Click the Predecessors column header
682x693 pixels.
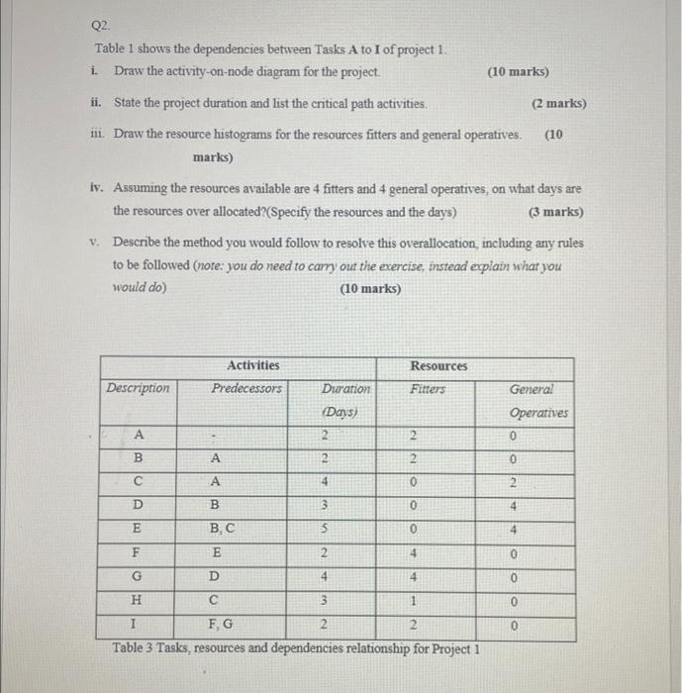(x=246, y=388)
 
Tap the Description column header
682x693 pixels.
(x=139, y=388)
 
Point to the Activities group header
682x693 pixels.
(x=252, y=365)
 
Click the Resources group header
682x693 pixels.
(x=438, y=365)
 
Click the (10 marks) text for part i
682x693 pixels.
(x=518, y=72)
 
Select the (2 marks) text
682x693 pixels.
(x=558, y=103)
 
